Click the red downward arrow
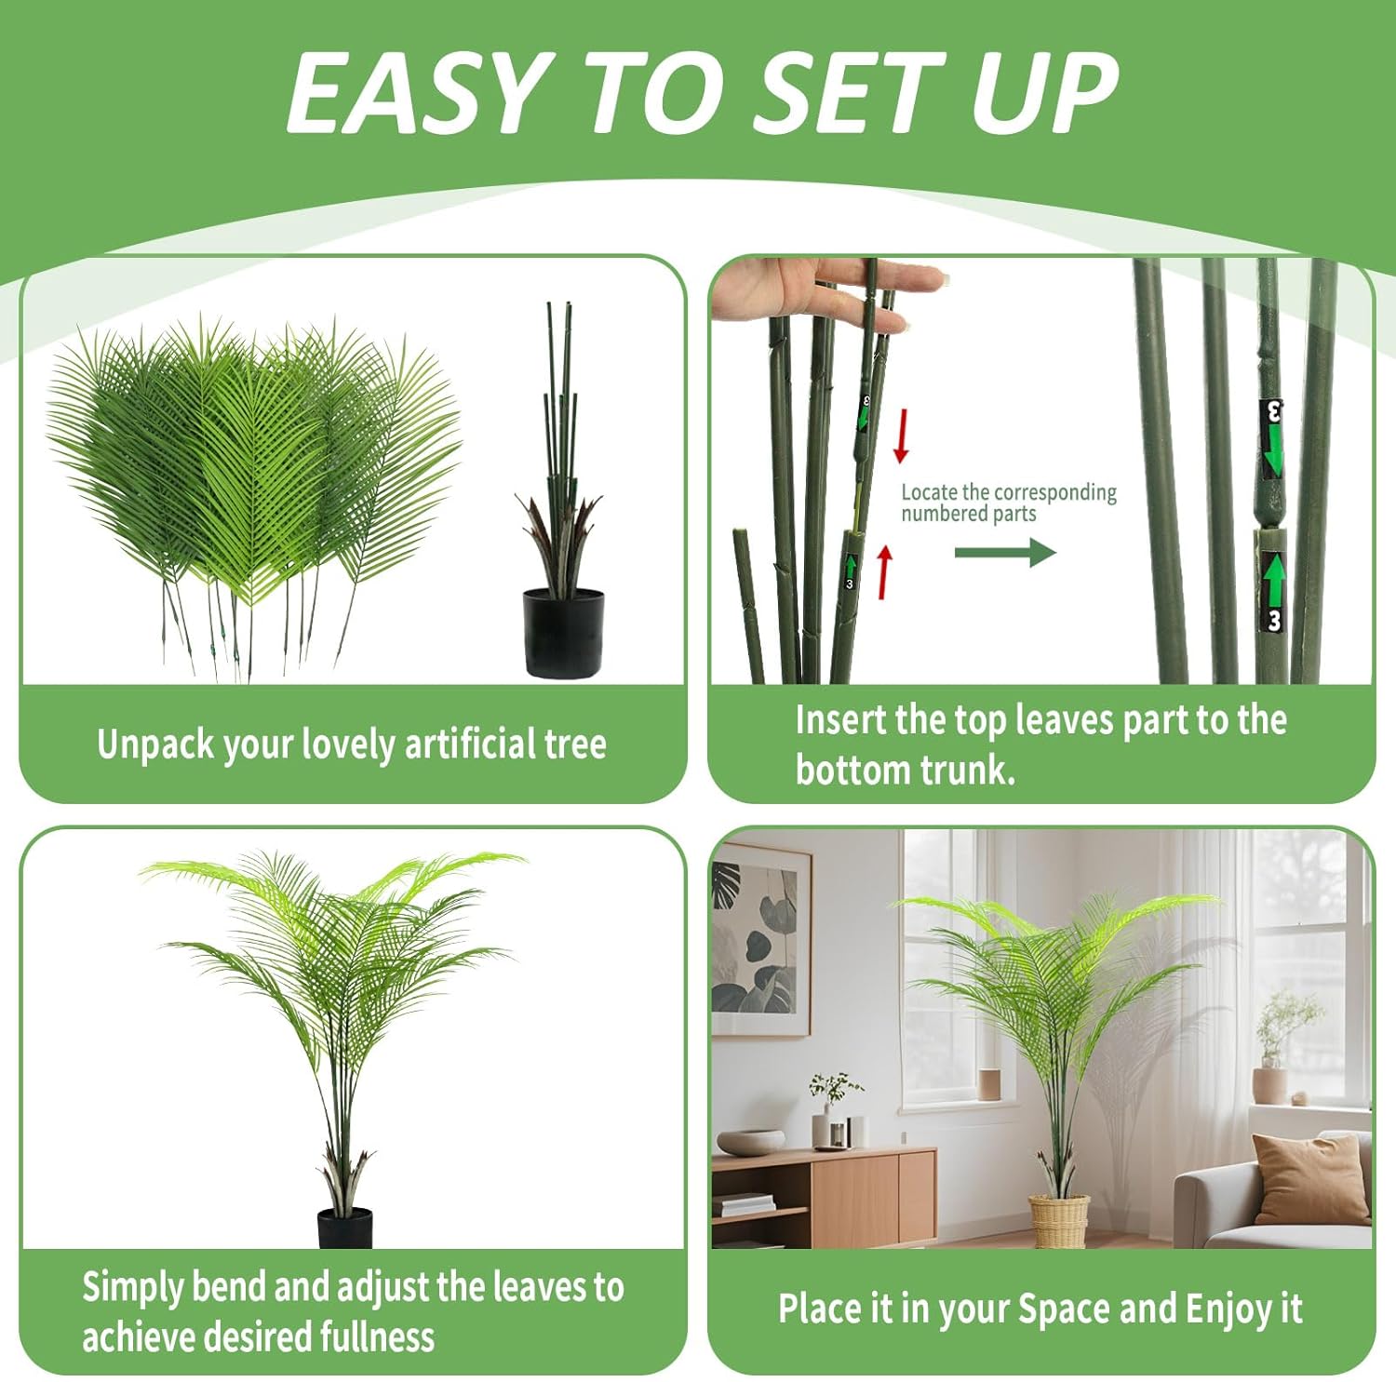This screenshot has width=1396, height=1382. (900, 435)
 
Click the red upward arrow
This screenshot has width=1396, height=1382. (884, 571)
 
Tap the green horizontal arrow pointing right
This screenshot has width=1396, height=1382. (1005, 553)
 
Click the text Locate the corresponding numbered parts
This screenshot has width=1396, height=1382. (1008, 503)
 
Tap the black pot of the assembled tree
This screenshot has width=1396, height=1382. (345, 1228)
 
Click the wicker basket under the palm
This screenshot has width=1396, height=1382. (1058, 1221)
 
